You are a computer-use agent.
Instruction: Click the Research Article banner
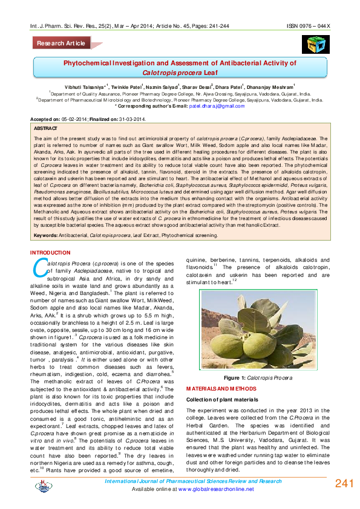pyautogui.click(x=62, y=44)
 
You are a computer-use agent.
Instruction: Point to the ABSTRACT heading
pyautogui.click(x=46, y=129)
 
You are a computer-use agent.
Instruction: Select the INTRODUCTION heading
pyautogui.click(x=50, y=252)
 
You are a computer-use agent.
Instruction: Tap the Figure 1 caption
pyautogui.click(x=258, y=377)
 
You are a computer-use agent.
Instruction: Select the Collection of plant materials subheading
pyautogui.click(x=226, y=400)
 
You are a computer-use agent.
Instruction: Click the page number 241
pyautogui.click(x=344, y=484)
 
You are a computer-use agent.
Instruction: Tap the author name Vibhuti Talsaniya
pyautogui.click(x=85, y=88)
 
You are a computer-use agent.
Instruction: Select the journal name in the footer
pyautogui.click(x=194, y=481)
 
